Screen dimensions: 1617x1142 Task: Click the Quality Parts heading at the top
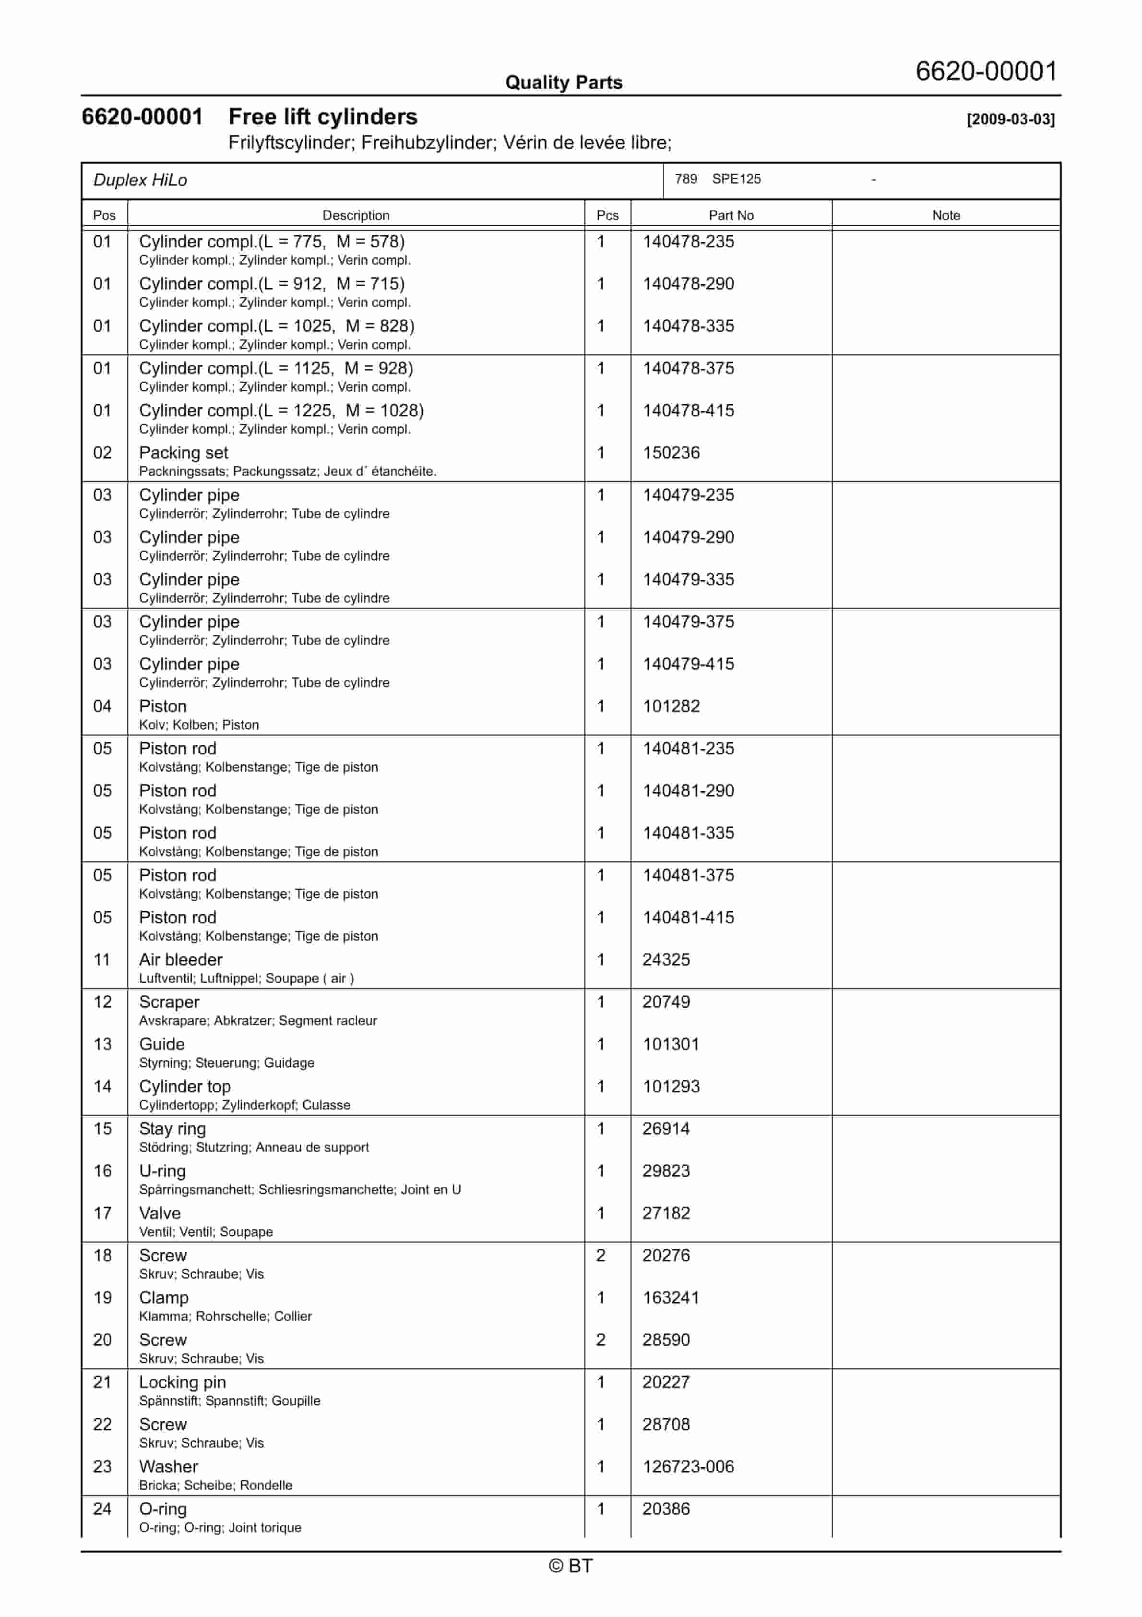pyautogui.click(x=563, y=83)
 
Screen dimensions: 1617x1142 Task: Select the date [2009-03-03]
pyautogui.click(x=1011, y=119)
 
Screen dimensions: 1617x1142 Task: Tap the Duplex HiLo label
pyautogui.click(x=140, y=181)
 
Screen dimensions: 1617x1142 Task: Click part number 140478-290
pyautogui.click(x=688, y=284)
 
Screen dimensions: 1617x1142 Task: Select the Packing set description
pyautogui.click(x=184, y=453)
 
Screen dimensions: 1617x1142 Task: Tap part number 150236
pyautogui.click(x=671, y=453)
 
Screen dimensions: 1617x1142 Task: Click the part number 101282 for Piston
pyautogui.click(x=671, y=706)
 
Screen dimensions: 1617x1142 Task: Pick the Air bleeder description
pyautogui.click(x=180, y=960)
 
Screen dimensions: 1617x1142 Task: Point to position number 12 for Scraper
pyautogui.click(x=103, y=1002)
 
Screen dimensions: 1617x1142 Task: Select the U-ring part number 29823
pyautogui.click(x=666, y=1171)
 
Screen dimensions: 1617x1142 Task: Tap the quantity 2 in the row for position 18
pyautogui.click(x=601, y=1255)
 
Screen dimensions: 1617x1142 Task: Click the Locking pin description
pyautogui.click(x=182, y=1383)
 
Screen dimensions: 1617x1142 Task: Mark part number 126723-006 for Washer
pyautogui.click(x=688, y=1467)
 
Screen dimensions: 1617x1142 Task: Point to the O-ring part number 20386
pyautogui.click(x=666, y=1509)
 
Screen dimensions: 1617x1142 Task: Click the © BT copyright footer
pyautogui.click(x=571, y=1566)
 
